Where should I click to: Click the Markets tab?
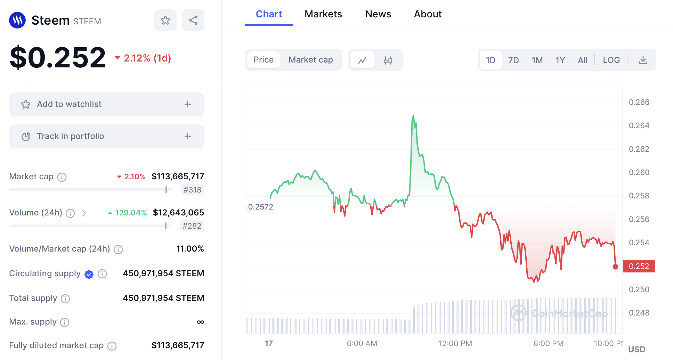[323, 14]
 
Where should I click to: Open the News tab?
[378, 14]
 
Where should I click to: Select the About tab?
[428, 14]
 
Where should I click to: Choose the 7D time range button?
[513, 60]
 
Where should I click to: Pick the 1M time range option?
[537, 60]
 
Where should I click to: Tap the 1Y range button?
[560, 60]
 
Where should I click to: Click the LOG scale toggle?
[611, 60]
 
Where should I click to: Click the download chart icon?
[643, 60]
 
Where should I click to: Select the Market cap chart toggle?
[310, 60]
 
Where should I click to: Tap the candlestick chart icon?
[388, 60]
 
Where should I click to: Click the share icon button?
[193, 20]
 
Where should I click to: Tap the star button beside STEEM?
[165, 20]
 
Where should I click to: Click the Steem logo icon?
[17, 20]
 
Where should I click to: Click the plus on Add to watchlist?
[187, 104]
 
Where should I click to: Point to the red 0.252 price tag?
[639, 266]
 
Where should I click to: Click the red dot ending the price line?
[615, 267]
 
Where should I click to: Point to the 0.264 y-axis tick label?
[639, 125]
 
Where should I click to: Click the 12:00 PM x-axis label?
[455, 343]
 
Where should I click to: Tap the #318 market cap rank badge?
[192, 190]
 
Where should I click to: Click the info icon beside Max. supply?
[65, 322]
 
